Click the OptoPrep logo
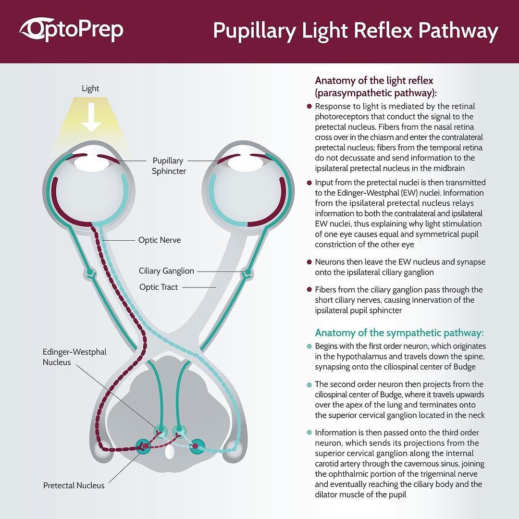coord(71,29)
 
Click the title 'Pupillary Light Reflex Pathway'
coord(356,31)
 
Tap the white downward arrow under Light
coord(91,117)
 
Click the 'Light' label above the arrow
coord(90,88)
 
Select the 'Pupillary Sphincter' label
coord(169,166)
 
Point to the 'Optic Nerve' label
coord(160,240)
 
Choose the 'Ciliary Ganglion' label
coord(166,271)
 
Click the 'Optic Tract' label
coord(159,287)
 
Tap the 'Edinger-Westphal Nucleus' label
coord(74,357)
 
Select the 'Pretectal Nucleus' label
coord(74,485)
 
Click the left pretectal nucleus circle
coord(144,446)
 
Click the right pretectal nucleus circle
coord(197,446)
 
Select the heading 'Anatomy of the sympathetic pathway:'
coord(399,333)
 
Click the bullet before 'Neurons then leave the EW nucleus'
coord(309,262)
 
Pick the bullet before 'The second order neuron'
coord(309,384)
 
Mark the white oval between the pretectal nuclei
coord(170,452)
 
